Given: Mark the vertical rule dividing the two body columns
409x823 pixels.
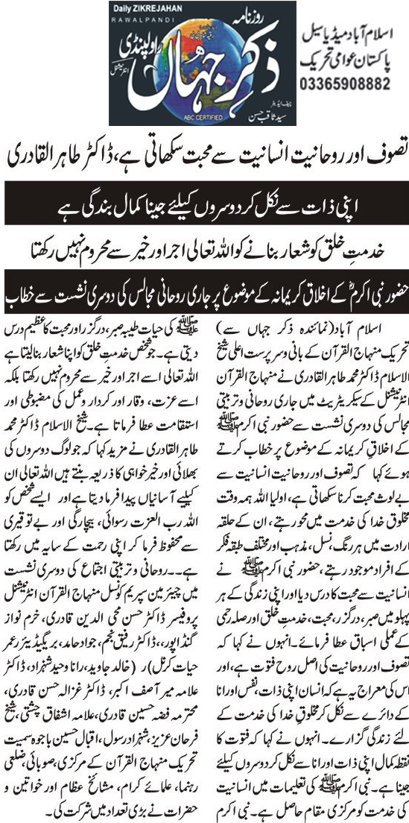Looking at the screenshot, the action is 206,559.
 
